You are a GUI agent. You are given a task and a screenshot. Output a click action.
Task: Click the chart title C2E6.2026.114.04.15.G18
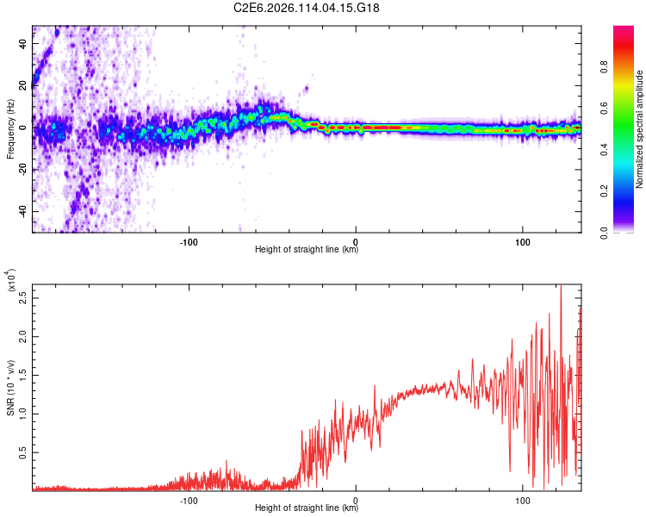pyautogui.click(x=307, y=8)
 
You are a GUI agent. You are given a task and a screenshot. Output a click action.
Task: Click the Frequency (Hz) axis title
pyautogui.click(x=10, y=129)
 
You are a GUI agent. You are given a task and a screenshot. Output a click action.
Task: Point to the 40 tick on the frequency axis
pyautogui.click(x=23, y=44)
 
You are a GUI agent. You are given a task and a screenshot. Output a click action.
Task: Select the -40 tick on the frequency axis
pyautogui.click(x=22, y=212)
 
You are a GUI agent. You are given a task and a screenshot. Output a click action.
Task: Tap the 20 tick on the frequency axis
pyautogui.click(x=23, y=86)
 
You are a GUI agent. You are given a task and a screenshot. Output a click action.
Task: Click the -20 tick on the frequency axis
pyautogui.click(x=22, y=170)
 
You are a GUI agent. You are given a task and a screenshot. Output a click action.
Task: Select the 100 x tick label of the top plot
pyautogui.click(x=522, y=240)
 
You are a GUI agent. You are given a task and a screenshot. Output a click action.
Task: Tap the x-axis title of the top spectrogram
pyautogui.click(x=307, y=250)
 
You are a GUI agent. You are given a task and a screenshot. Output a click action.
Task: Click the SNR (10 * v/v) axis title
pyautogui.click(x=10, y=388)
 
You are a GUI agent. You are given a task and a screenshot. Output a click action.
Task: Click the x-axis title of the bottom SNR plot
pyautogui.click(x=307, y=508)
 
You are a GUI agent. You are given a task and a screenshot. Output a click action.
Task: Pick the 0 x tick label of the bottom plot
pyautogui.click(x=356, y=499)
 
